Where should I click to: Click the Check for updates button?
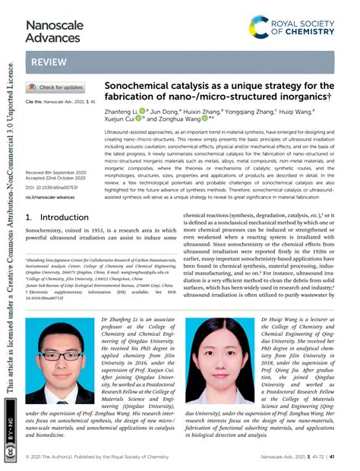(56, 87)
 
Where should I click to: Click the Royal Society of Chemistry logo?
(292, 29)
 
